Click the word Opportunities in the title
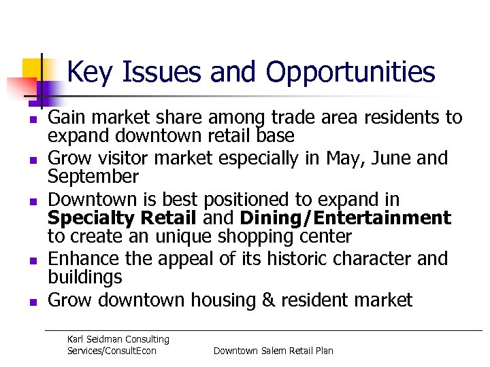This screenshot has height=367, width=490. tap(350, 73)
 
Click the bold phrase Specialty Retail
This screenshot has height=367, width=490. tap(123, 218)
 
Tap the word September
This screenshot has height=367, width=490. tap(93, 177)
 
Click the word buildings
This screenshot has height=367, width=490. tap(85, 277)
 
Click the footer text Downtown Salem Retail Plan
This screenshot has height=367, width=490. tap(273, 351)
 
